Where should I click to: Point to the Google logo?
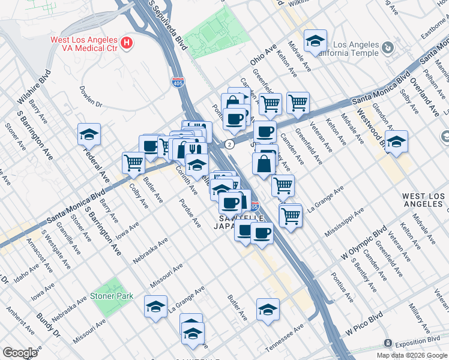coord(20,353)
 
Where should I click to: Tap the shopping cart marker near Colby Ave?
coord(133,162)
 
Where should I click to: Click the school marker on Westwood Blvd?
coord(396,142)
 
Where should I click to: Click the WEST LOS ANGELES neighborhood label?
coord(423,200)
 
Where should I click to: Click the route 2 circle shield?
coord(229,144)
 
